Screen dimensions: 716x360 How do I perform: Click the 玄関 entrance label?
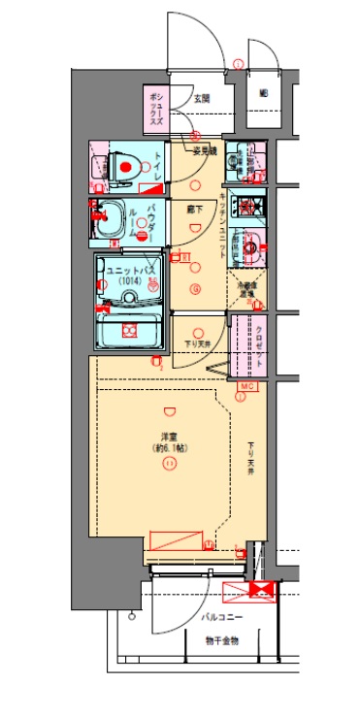(201, 98)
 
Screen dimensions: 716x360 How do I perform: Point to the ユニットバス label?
(125, 271)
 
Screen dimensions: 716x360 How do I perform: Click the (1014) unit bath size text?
(125, 281)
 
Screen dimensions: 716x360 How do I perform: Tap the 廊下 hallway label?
(193, 209)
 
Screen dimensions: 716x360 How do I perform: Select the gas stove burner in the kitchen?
(249, 206)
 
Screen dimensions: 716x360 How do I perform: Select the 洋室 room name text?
(168, 437)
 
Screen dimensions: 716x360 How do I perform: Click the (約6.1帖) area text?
(168, 448)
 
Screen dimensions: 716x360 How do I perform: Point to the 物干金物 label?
(221, 641)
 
